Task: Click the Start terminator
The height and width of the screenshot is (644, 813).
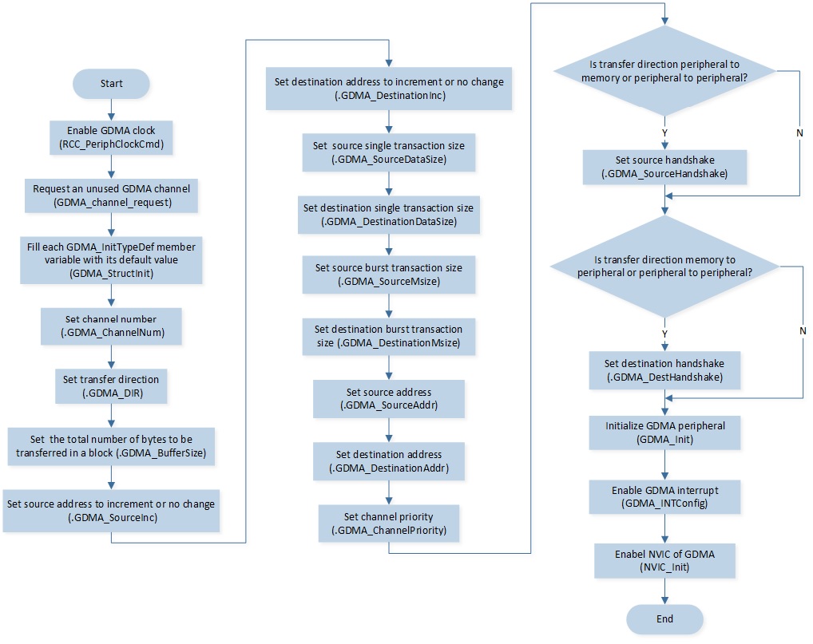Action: (x=111, y=84)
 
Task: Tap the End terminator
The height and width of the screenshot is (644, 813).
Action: (x=664, y=619)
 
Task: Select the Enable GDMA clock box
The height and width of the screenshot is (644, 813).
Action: (x=111, y=137)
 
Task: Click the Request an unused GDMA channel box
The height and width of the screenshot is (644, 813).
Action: (x=111, y=196)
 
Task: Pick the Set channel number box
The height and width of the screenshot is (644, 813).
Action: (x=111, y=326)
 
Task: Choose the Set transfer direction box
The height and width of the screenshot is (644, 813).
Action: (x=111, y=386)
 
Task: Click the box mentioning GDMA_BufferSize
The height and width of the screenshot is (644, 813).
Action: (x=111, y=446)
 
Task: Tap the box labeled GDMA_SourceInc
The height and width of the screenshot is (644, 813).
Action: (x=111, y=510)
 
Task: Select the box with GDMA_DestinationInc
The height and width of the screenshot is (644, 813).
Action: (x=389, y=88)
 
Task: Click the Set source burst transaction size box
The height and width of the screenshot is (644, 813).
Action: (x=389, y=275)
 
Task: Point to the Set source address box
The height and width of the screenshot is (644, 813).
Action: (x=389, y=398)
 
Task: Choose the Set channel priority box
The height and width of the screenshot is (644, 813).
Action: (x=389, y=523)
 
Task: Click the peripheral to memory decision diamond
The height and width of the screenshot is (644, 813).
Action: (x=664, y=71)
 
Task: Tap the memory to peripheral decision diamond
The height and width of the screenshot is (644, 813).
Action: (x=664, y=267)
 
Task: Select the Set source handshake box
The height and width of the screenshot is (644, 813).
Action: (x=664, y=167)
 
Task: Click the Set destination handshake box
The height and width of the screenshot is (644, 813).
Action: (x=664, y=370)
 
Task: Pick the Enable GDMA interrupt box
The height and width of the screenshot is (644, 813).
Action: (x=664, y=497)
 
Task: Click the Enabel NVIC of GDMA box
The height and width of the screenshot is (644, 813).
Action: (x=664, y=560)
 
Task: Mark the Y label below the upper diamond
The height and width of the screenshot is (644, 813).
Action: (x=664, y=133)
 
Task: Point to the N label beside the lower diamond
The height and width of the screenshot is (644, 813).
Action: (x=803, y=330)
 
